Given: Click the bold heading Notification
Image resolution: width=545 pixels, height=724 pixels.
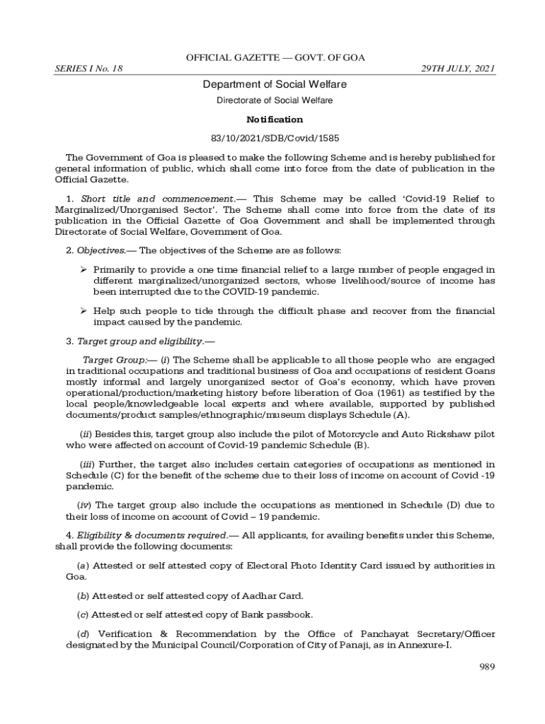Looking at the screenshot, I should click(274, 119).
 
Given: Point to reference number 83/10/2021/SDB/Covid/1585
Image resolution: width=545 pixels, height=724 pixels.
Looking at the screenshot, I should click(274, 138).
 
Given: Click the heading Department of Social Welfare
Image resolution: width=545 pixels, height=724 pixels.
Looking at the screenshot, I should click(274, 85).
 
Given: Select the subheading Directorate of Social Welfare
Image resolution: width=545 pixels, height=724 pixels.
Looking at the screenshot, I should click(274, 101).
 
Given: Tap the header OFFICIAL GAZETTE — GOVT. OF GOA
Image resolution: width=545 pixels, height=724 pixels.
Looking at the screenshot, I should click(275, 57).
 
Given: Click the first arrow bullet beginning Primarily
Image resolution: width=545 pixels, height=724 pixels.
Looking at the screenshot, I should click(83, 269).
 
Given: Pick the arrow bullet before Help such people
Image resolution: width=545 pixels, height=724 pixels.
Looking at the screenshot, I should click(83, 310).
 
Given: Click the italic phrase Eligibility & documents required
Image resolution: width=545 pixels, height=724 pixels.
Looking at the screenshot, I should click(152, 535).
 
